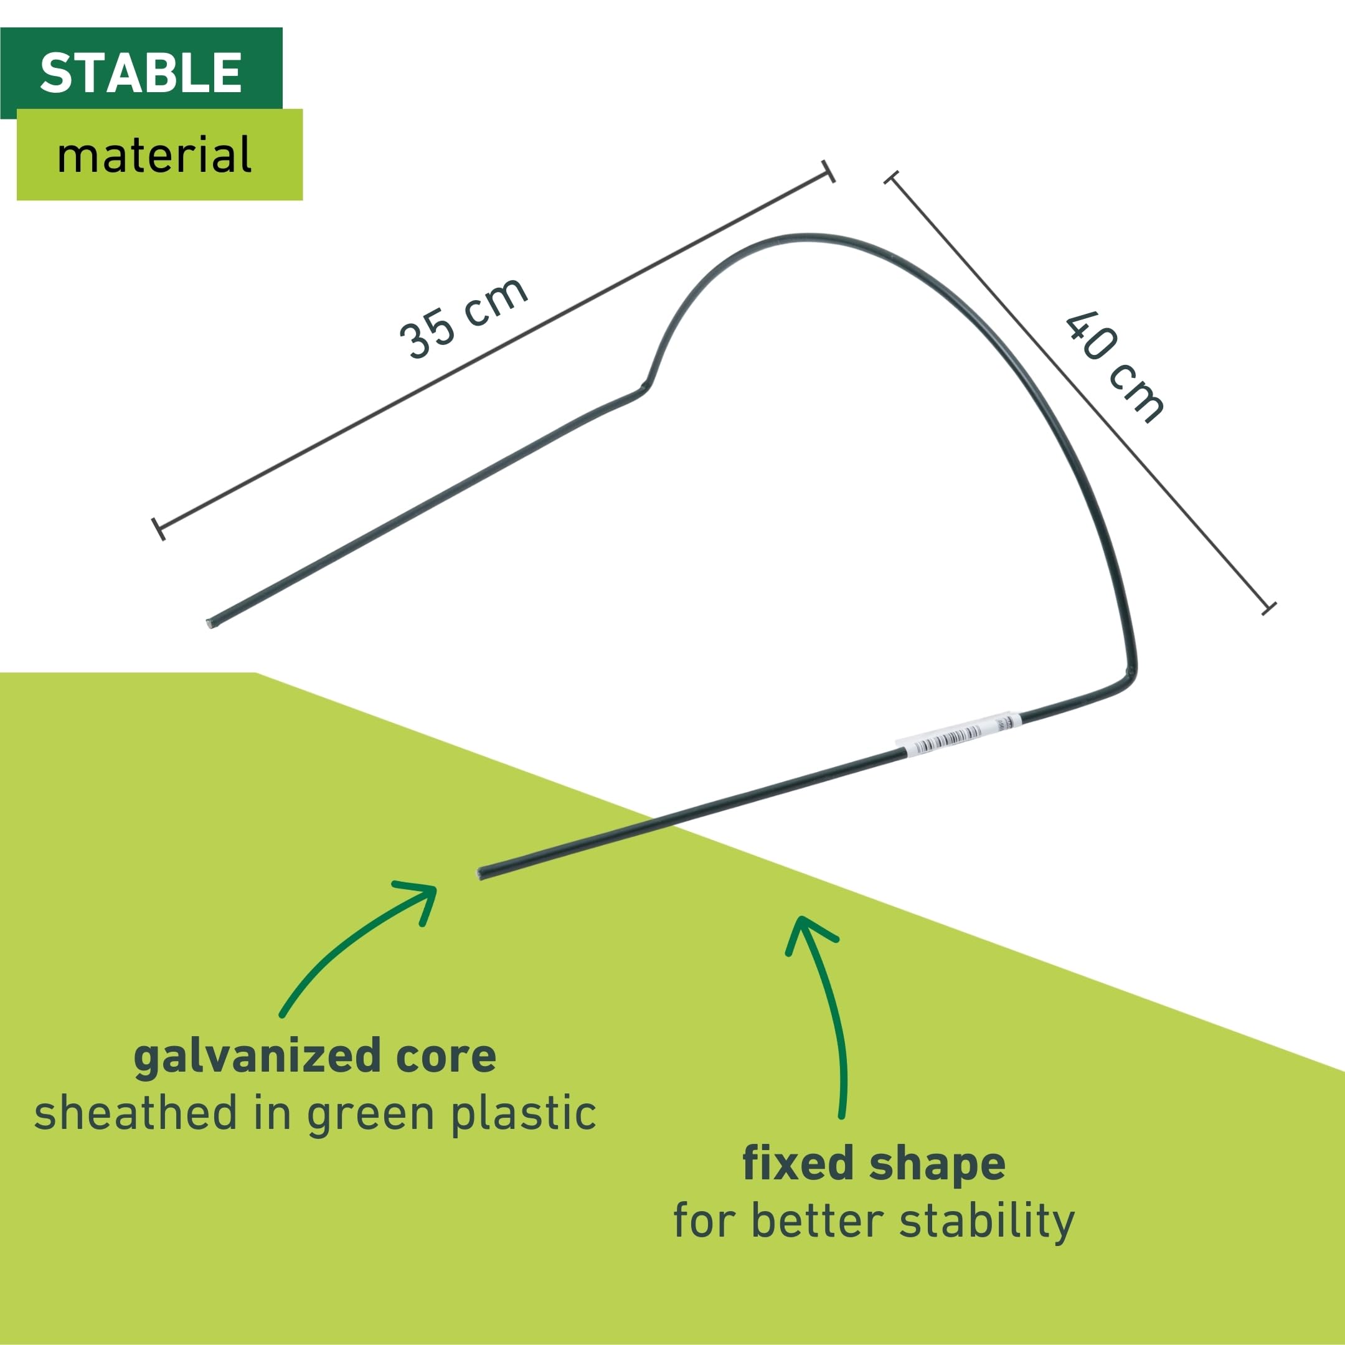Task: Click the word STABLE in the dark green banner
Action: pos(141,72)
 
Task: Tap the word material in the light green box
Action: pos(154,154)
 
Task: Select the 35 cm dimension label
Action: pos(463,318)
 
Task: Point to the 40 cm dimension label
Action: pos(1115,367)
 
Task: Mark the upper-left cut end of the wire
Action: pos(211,623)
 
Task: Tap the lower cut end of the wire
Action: pos(480,873)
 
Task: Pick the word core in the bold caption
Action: pos(446,1057)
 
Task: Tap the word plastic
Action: pos(524,1113)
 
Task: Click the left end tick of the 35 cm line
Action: pos(159,529)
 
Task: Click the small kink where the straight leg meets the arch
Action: pos(644,386)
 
